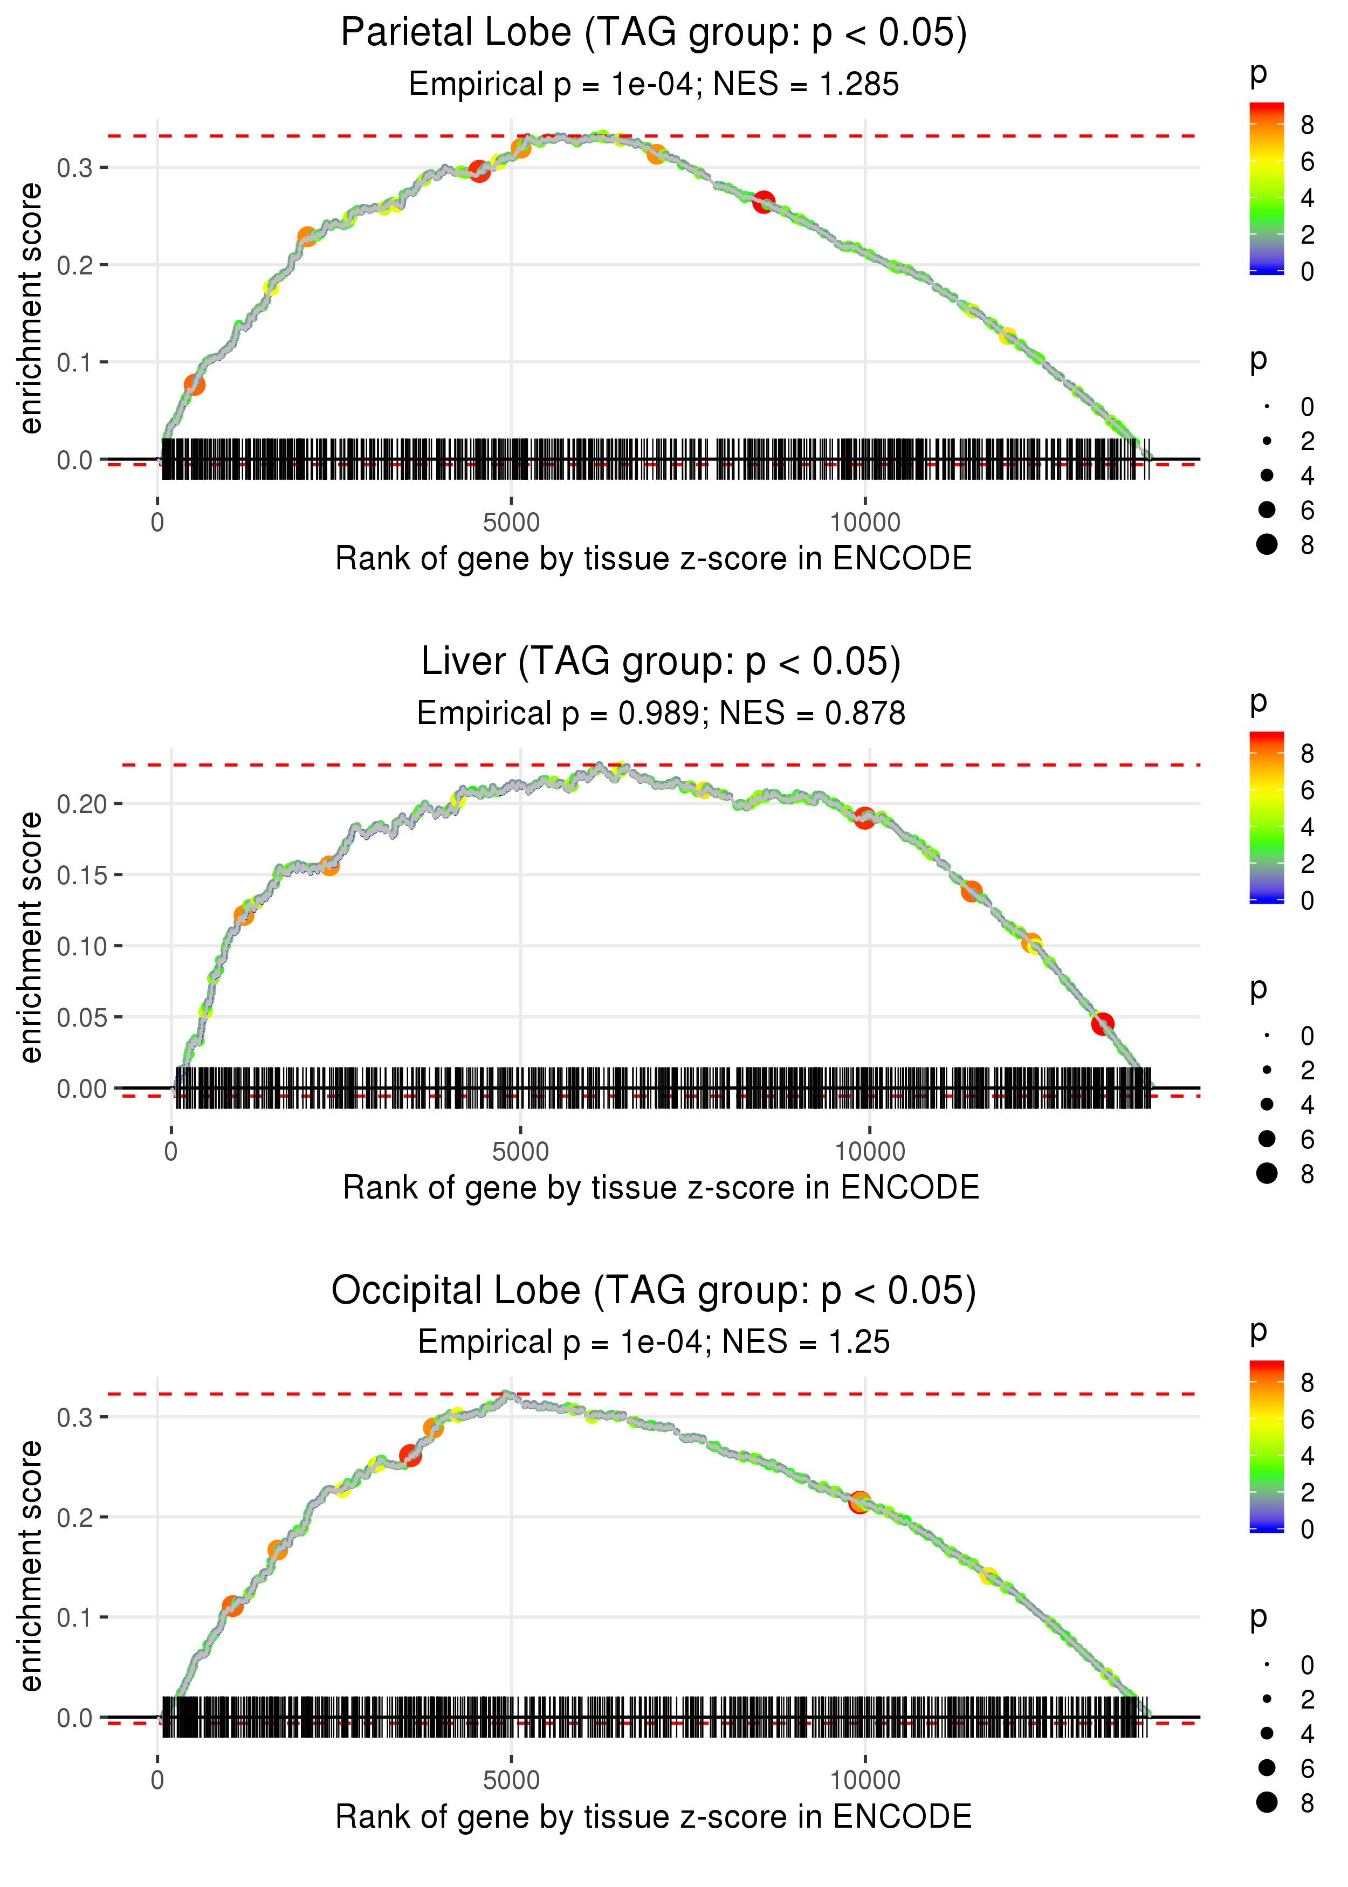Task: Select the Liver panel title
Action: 661,662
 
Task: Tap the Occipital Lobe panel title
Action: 654,1290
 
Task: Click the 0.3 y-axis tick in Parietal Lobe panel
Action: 74,168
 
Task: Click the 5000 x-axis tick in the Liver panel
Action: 520,1152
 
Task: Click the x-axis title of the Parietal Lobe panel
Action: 654,559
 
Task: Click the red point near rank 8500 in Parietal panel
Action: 764,202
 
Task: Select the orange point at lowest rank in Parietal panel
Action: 194,385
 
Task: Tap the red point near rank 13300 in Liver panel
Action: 1102,1024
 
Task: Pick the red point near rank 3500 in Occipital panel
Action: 410,1456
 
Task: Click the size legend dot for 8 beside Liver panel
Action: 1267,1173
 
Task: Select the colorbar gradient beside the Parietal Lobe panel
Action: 1266,188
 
